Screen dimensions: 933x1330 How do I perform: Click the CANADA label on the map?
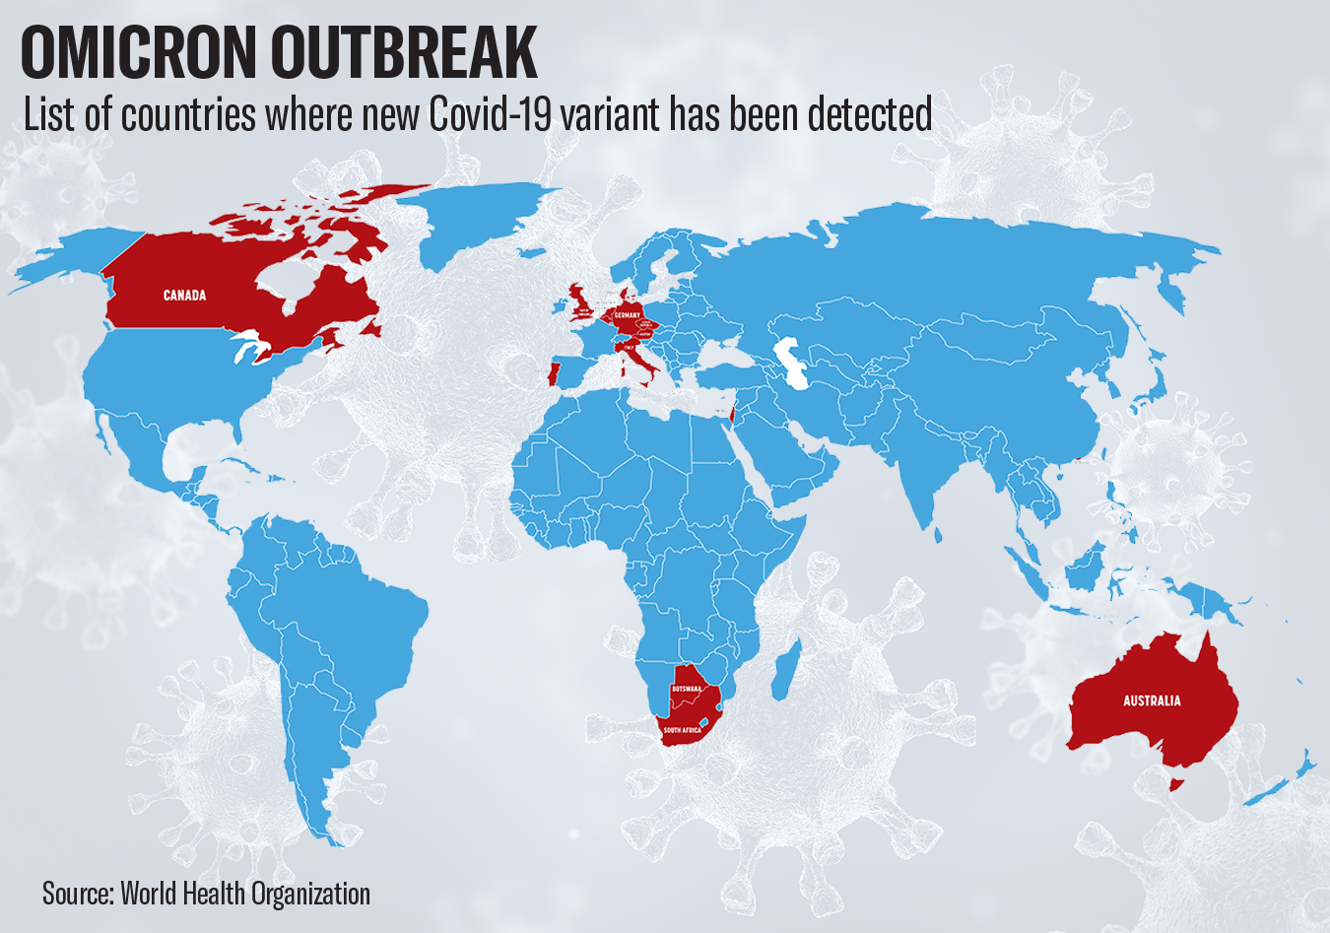click(184, 296)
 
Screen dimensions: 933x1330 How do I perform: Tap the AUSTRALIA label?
click(1152, 701)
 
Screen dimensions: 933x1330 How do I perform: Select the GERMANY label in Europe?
click(627, 314)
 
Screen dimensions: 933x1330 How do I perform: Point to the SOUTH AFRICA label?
click(682, 731)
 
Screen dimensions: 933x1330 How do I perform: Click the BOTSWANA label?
click(687, 689)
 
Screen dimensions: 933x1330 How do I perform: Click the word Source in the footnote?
click(76, 894)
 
